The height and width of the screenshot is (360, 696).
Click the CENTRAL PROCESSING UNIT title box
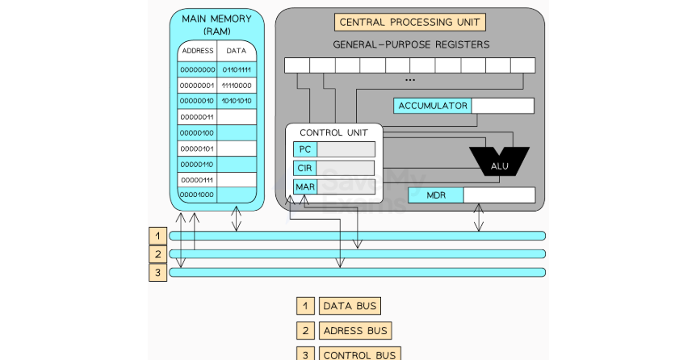pyautogui.click(x=410, y=22)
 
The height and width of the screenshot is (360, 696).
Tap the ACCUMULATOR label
pyautogui.click(x=433, y=106)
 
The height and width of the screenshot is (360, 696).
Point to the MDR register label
pyautogui.click(x=435, y=195)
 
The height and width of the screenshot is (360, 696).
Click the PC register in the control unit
pyautogui.click(x=305, y=149)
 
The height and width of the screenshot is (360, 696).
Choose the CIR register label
pyautogui.click(x=305, y=169)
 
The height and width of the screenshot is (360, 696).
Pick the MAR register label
pyautogui.click(x=305, y=187)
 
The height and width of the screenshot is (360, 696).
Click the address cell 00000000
pyautogui.click(x=197, y=70)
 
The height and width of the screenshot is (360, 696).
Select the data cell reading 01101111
pyautogui.click(x=237, y=70)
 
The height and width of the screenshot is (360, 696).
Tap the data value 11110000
pyautogui.click(x=237, y=86)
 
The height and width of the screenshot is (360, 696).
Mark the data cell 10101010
pyautogui.click(x=237, y=101)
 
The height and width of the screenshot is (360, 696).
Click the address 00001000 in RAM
pyautogui.click(x=197, y=195)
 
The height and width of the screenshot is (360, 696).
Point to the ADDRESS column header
pyautogui.click(x=198, y=51)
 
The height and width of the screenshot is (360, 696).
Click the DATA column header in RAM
pyautogui.click(x=237, y=51)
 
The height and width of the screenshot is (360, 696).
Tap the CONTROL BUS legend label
pyautogui.click(x=359, y=354)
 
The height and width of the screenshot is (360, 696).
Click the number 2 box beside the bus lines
pyautogui.click(x=157, y=253)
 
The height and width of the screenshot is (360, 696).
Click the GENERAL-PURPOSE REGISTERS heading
pyautogui.click(x=411, y=44)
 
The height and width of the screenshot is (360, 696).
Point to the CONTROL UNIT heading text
pyautogui.click(x=333, y=132)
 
